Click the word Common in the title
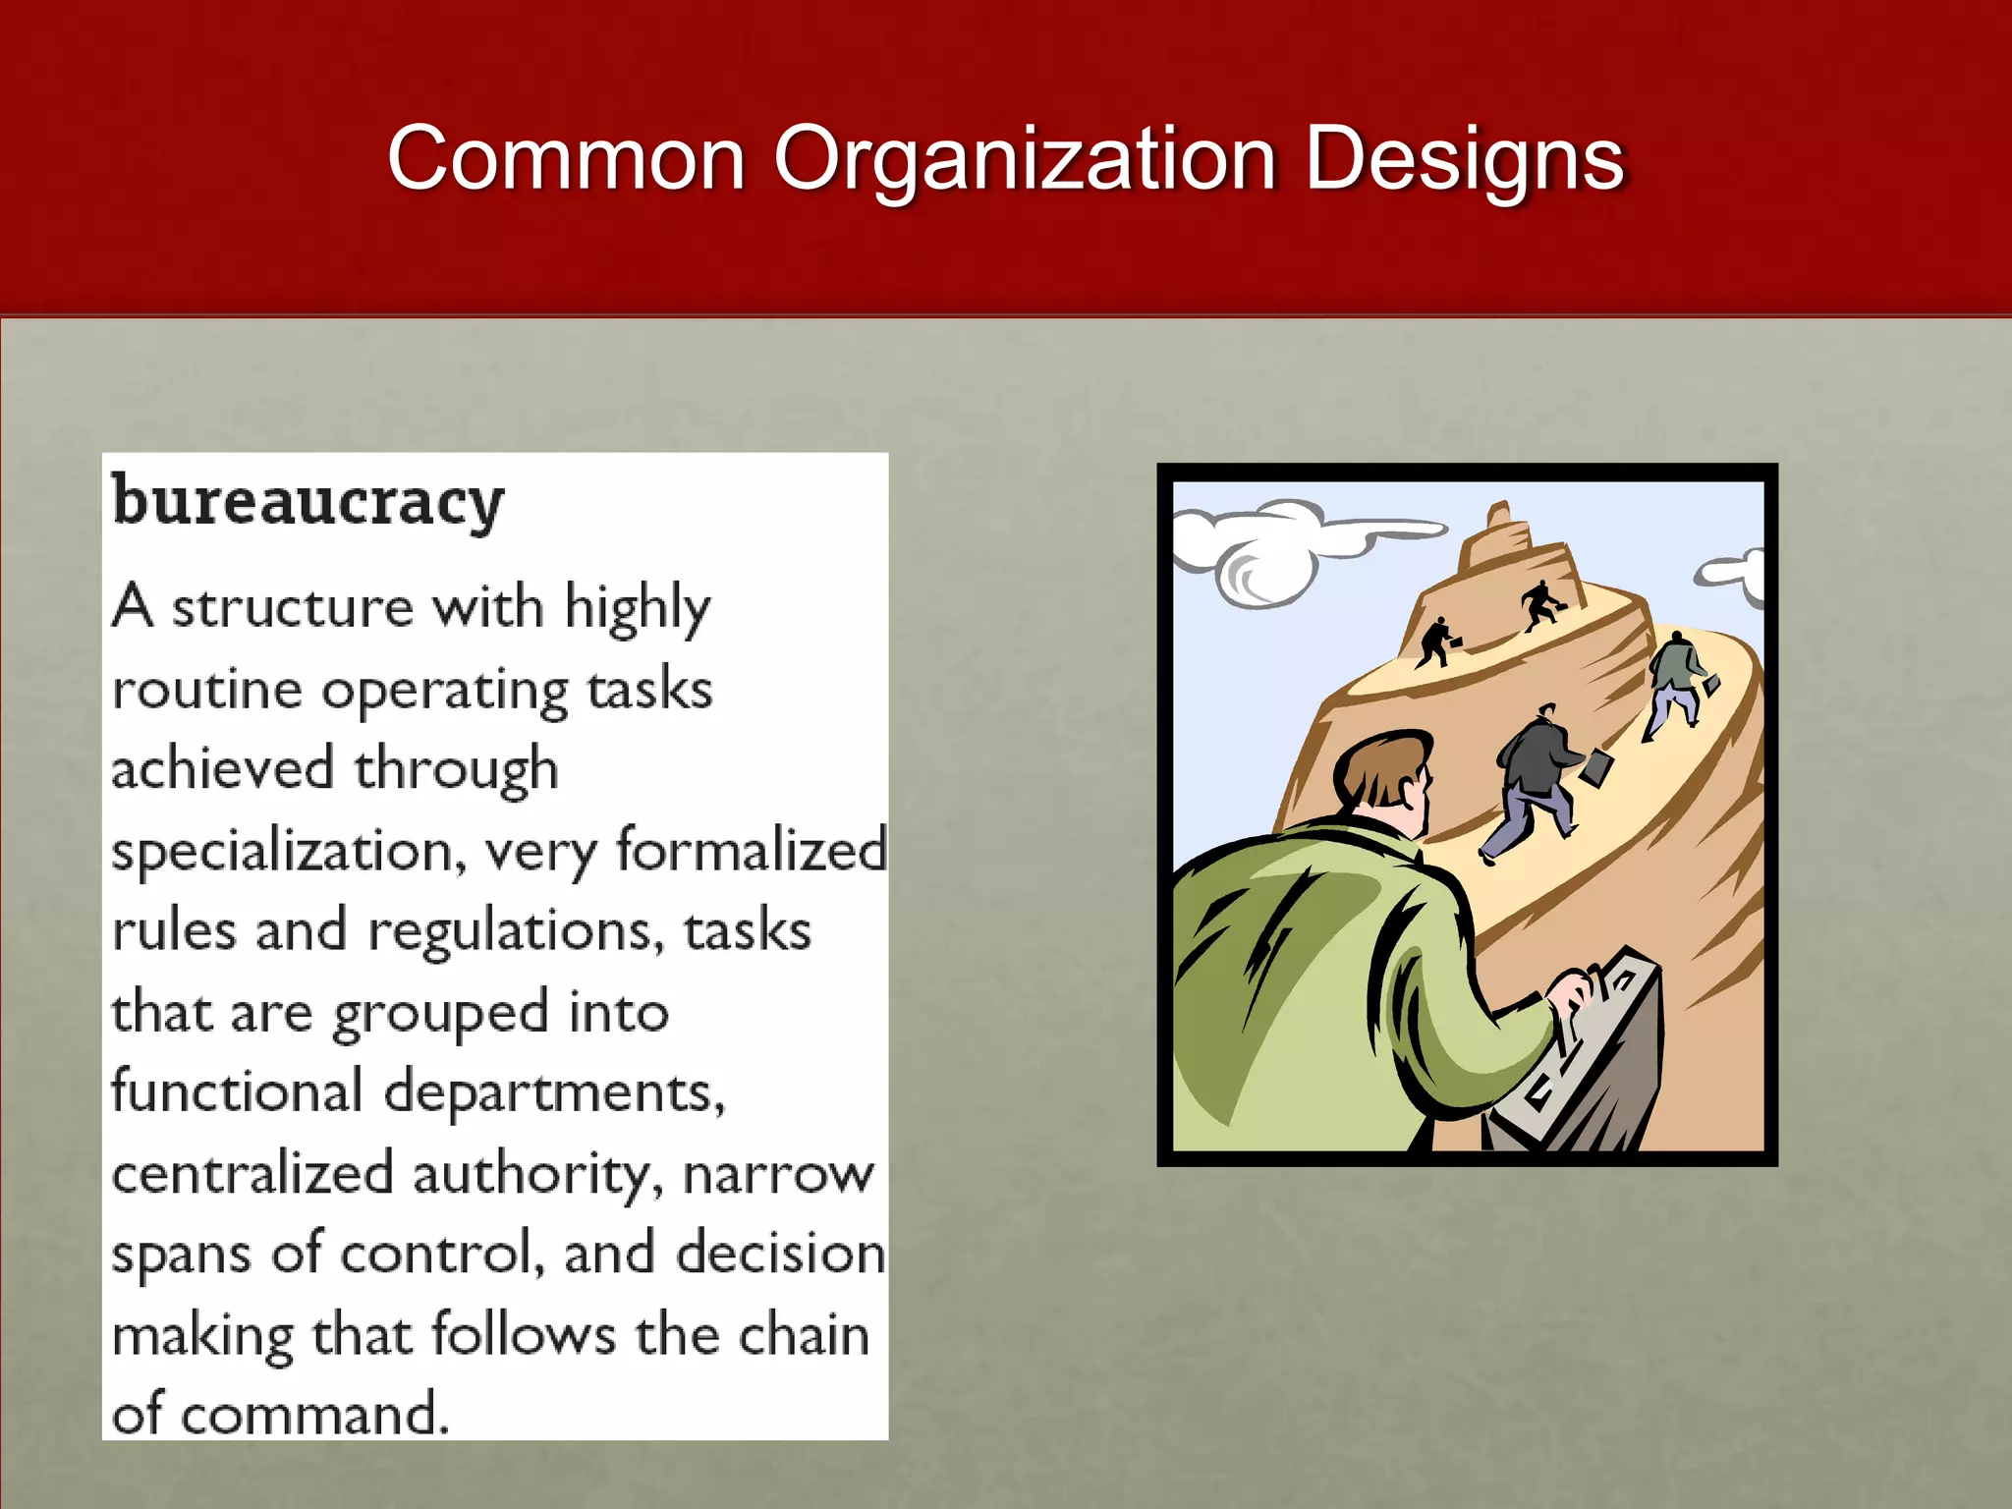566,159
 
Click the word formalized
751,851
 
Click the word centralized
252,1174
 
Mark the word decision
781,1255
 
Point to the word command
314,1416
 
